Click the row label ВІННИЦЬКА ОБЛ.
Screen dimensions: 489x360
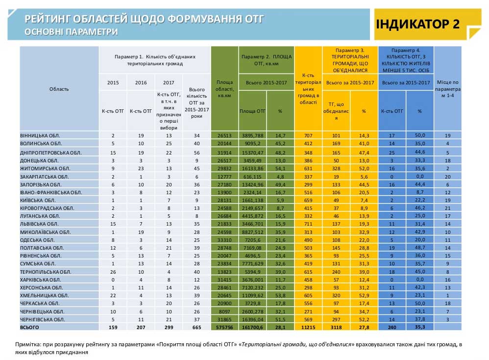click(40, 136)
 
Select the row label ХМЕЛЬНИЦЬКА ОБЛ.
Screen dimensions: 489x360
click(44, 295)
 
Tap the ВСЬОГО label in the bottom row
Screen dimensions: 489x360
click(29, 327)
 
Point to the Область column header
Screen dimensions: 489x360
click(59, 89)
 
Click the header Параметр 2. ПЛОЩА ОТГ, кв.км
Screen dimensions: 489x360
click(267, 60)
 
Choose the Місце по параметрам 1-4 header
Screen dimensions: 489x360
click(447, 89)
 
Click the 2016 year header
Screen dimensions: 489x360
click(141, 83)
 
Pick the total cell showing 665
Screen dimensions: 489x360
click(197, 328)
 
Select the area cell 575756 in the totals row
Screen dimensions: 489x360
click(224, 328)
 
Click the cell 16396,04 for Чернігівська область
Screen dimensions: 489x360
click(253, 319)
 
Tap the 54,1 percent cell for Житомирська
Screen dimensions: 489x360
click(280, 169)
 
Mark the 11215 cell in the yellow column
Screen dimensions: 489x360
click(308, 328)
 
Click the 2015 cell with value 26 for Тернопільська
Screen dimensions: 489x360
click(113, 272)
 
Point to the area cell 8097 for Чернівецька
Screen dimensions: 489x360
click(224, 311)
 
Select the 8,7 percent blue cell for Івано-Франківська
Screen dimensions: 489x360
click(420, 192)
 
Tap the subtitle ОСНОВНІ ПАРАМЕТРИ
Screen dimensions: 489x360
click(71, 32)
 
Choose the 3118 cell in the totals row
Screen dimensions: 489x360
click(336, 328)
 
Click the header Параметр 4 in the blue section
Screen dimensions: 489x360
click(406, 50)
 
